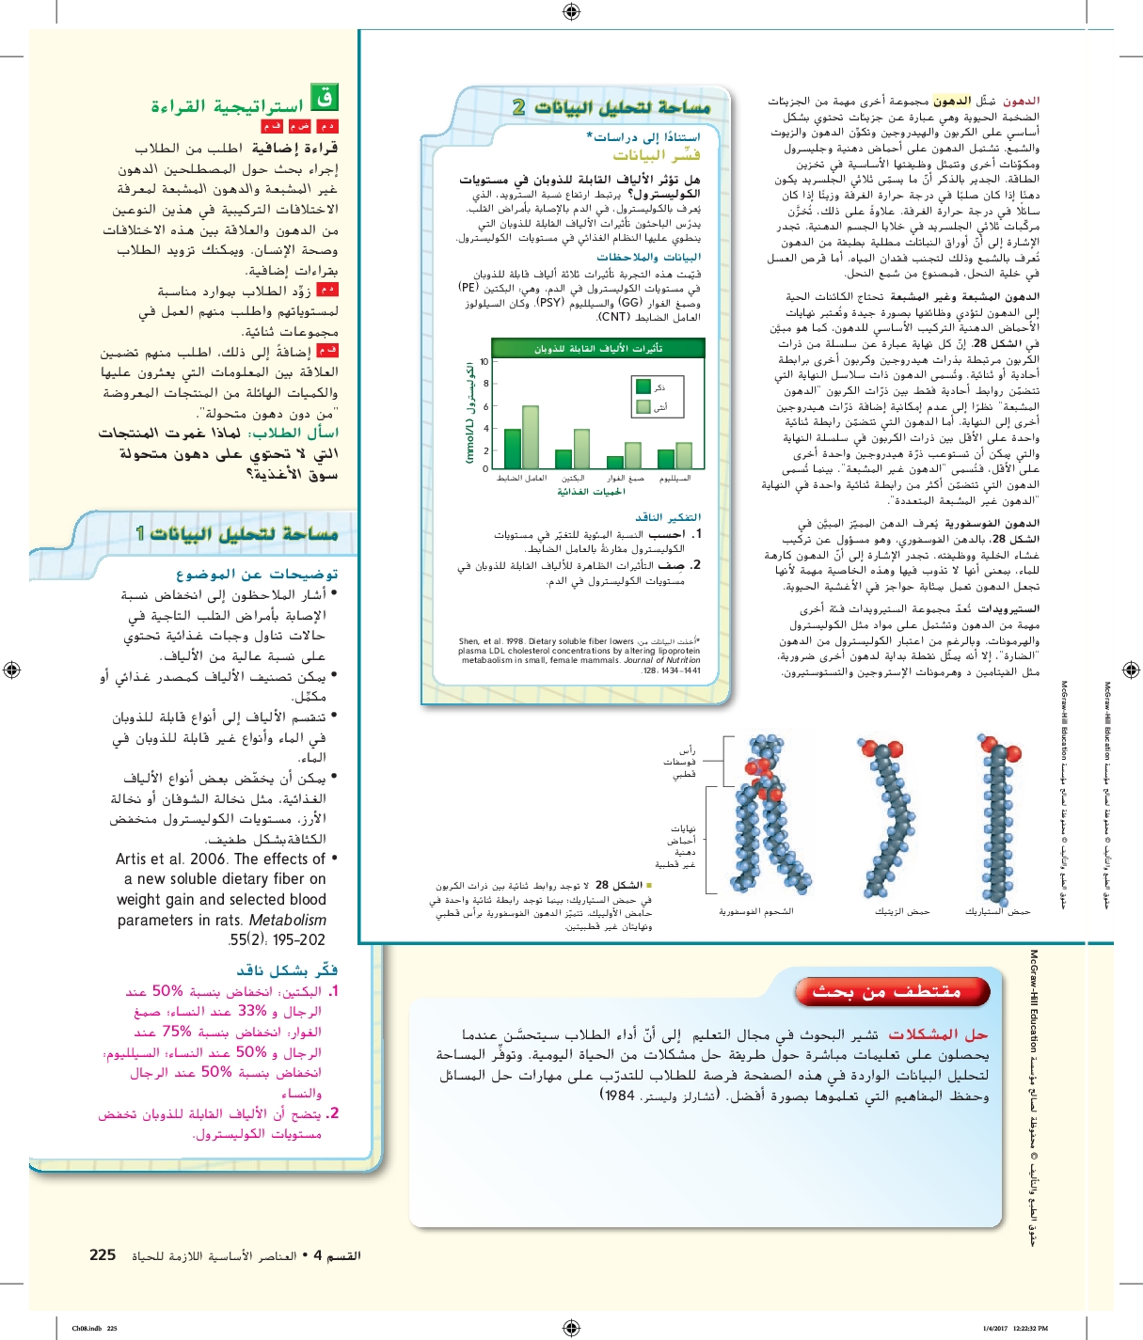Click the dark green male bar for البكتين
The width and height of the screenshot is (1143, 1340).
tap(564, 459)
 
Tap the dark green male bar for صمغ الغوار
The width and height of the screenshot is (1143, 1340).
tap(614, 462)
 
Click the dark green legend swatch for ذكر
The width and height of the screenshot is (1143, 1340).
tap(643, 386)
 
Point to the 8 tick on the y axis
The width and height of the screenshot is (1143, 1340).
tap(485, 384)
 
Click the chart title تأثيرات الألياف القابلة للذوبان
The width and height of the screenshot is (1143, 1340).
tap(598, 349)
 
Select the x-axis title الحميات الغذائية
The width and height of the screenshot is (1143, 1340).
tap(591, 492)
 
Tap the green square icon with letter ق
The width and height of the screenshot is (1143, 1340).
tap(325, 97)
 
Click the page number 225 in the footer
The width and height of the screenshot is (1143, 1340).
tap(103, 1255)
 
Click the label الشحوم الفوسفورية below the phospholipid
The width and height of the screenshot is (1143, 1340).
tap(755, 911)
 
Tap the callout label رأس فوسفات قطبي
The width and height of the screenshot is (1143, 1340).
tap(681, 763)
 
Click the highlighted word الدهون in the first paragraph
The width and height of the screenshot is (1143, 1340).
tap(952, 101)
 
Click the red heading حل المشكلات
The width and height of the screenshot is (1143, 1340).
tap(938, 1034)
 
